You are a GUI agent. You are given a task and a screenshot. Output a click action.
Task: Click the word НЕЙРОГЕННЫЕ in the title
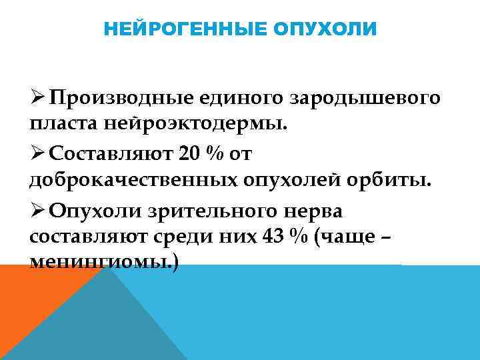[177, 30]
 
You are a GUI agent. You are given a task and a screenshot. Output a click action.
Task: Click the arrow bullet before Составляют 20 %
[37, 154]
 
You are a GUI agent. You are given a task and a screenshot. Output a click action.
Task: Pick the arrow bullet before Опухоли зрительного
[37, 210]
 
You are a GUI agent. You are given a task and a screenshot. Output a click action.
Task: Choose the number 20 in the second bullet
[191, 154]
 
